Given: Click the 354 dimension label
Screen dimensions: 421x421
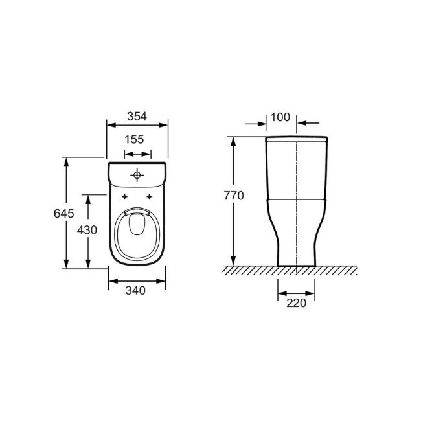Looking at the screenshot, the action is pyautogui.click(x=137, y=117).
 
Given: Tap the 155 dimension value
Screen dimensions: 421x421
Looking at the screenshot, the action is pyautogui.click(x=134, y=140).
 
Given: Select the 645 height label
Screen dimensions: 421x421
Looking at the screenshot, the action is pyautogui.click(x=64, y=214).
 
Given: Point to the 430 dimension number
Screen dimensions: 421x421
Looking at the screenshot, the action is pyautogui.click(x=87, y=230).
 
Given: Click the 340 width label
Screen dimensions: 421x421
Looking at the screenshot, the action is pyautogui.click(x=135, y=291).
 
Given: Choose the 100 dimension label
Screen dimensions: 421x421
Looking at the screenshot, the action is pyautogui.click(x=280, y=117).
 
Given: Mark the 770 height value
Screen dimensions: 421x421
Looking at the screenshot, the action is pyautogui.click(x=234, y=196).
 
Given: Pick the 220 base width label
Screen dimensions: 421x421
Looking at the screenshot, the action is pyautogui.click(x=297, y=303).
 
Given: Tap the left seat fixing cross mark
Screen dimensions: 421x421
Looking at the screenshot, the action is pyautogui.click(x=124, y=197).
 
